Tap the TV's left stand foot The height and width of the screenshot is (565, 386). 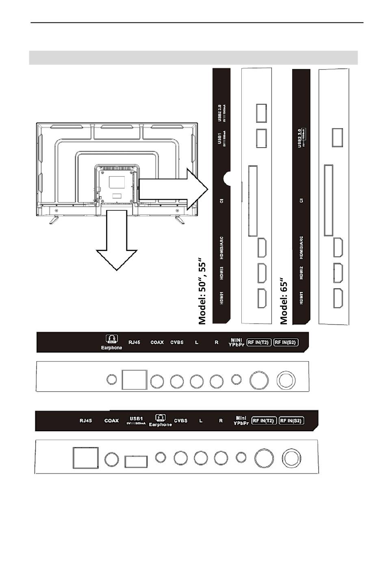pyautogui.click(x=54, y=218)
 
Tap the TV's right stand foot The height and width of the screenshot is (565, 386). pyautogui.click(x=179, y=218)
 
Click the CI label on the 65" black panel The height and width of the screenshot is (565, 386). pyautogui.click(x=301, y=201)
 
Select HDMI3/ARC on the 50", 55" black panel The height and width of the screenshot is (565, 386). pyautogui.click(x=222, y=249)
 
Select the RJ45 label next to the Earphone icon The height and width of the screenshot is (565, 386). pyautogui.click(x=134, y=342)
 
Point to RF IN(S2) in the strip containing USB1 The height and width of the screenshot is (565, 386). pyautogui.click(x=291, y=421)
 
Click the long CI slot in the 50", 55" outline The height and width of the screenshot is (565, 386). pyautogui.click(x=252, y=200)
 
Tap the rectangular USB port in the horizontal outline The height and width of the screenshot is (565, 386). pyautogui.click(x=136, y=462)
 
